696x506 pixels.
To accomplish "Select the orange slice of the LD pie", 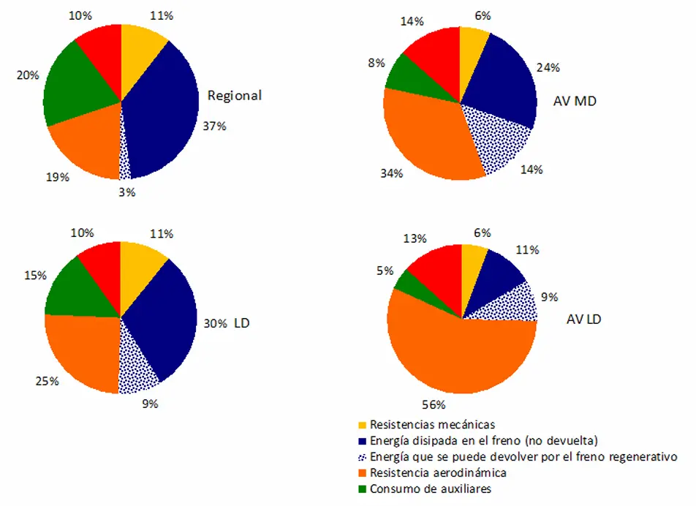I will tap(80, 351).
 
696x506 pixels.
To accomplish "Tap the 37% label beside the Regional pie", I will tap(214, 126).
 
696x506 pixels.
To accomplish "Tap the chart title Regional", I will tap(234, 95).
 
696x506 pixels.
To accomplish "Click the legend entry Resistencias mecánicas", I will tap(432, 424).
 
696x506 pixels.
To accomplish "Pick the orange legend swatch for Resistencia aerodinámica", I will tap(362, 473).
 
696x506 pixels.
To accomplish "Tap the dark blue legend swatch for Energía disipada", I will tap(362, 441).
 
